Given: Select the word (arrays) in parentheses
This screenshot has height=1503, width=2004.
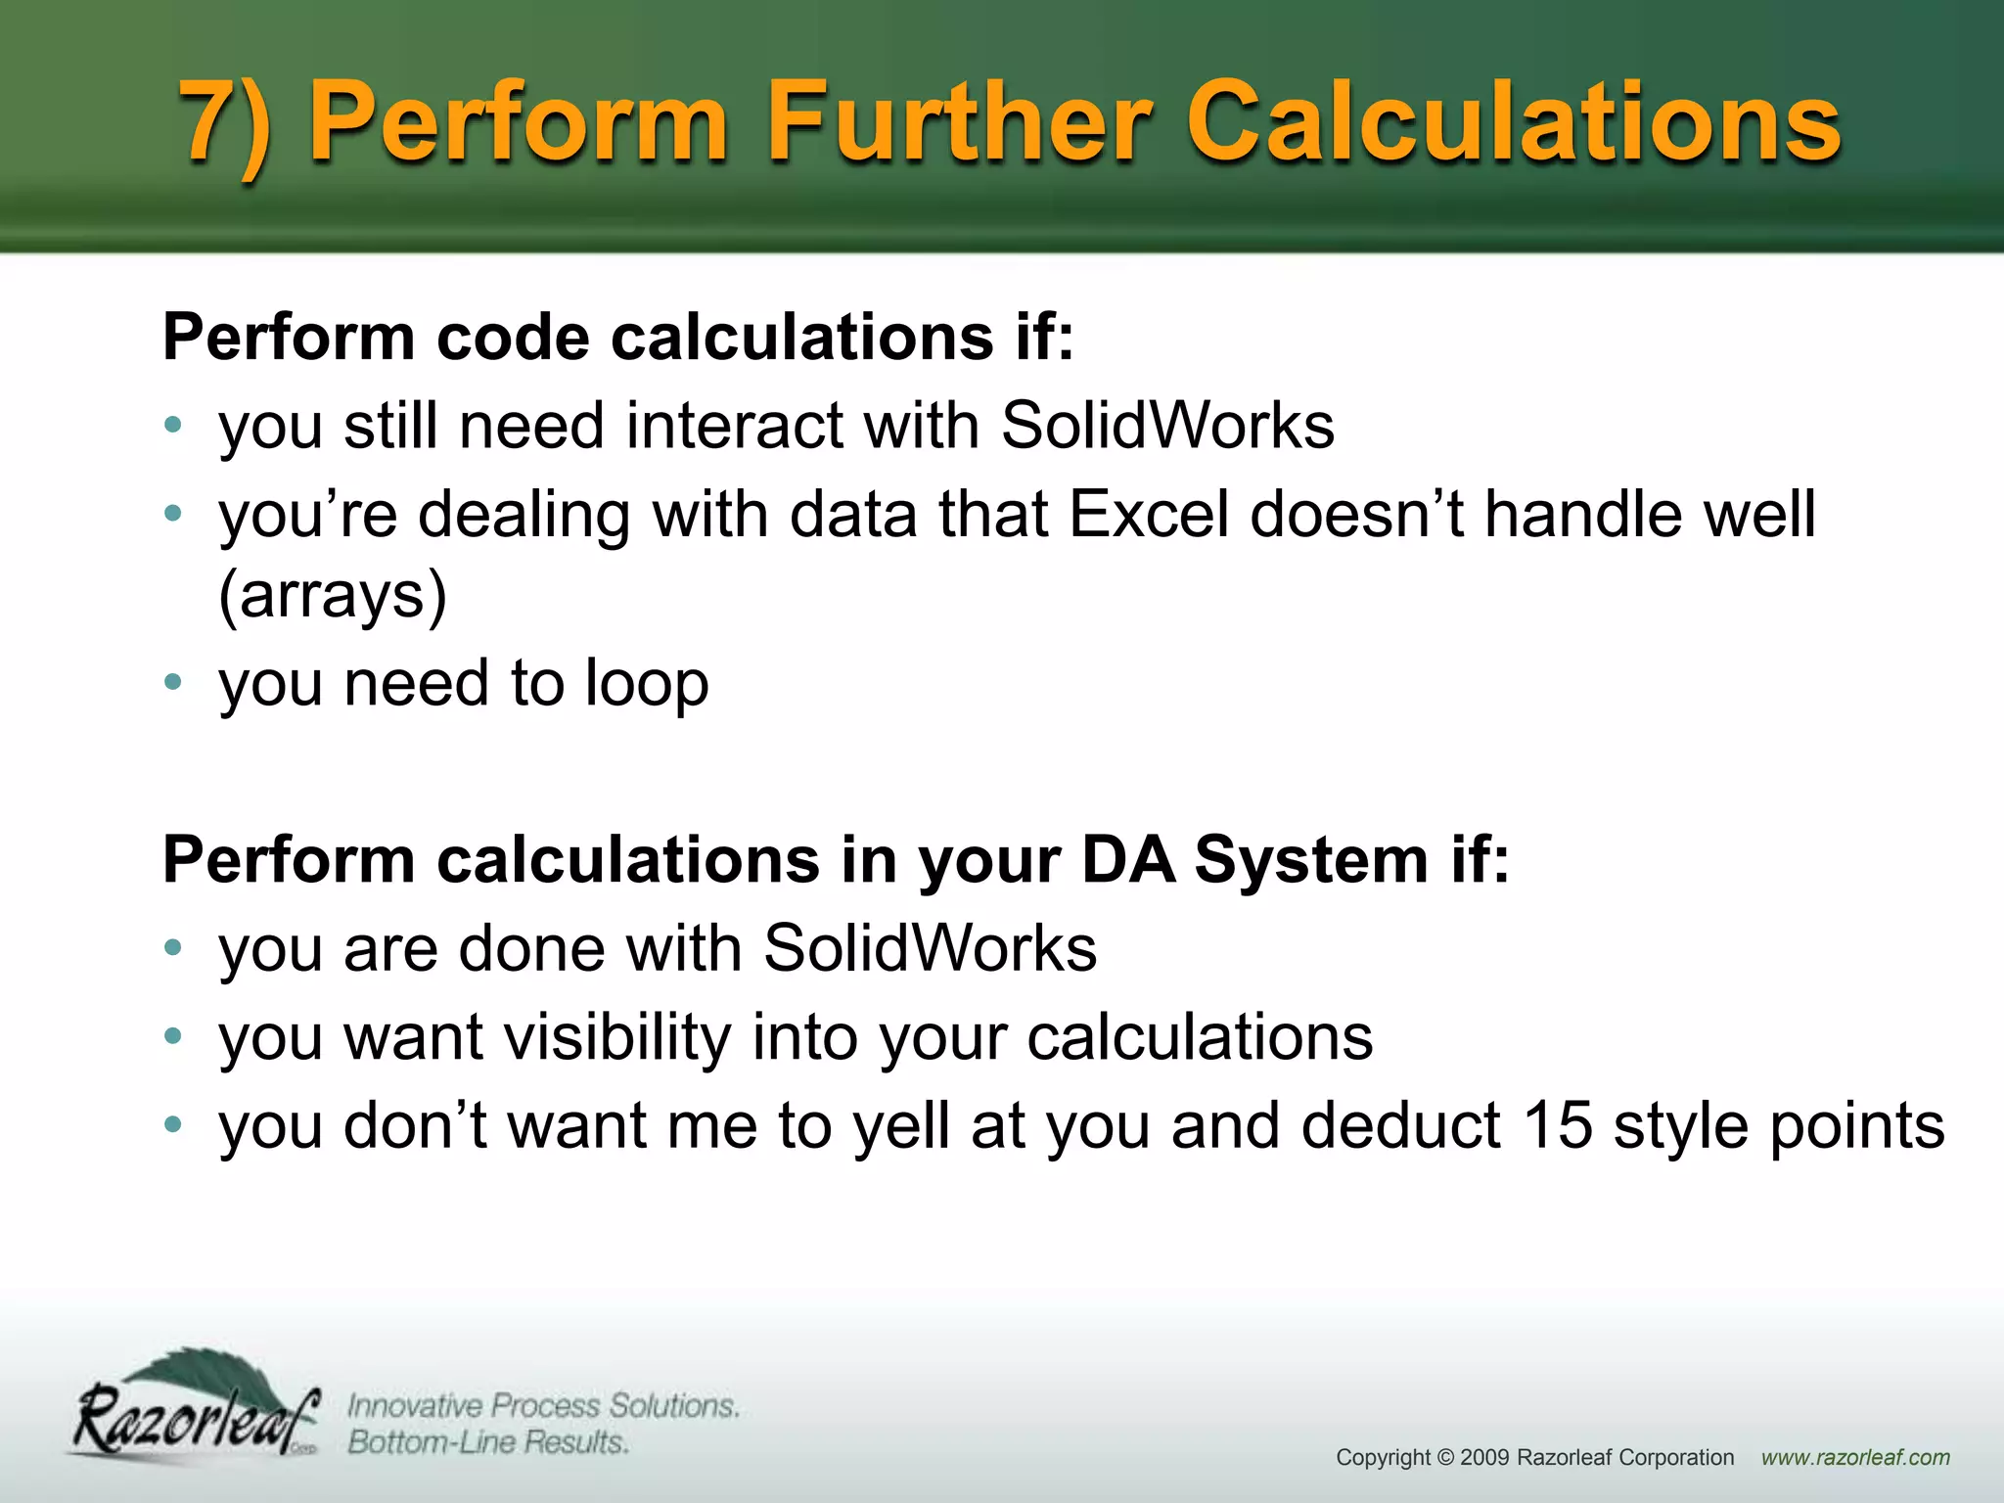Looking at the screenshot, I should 333,594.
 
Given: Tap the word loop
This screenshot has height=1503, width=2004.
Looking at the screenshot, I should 647,683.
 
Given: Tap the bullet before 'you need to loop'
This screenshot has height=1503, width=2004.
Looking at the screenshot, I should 173,682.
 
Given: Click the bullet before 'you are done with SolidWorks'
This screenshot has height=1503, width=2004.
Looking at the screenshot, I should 173,947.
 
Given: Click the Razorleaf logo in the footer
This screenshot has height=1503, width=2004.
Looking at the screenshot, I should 197,1409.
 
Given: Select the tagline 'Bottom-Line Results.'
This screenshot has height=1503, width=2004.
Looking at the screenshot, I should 488,1442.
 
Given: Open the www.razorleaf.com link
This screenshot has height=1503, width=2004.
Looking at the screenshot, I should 1855,1457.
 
